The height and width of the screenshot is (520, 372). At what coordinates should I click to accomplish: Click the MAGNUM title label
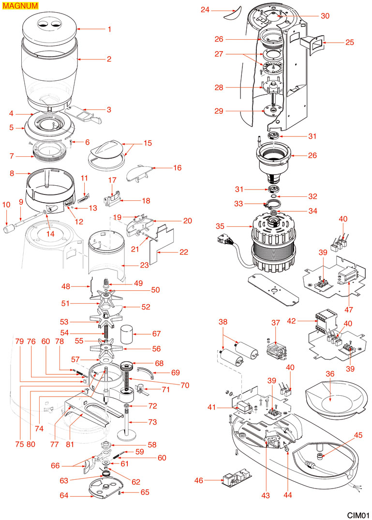coord(19,6)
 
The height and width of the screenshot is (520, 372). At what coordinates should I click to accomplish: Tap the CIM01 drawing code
coord(358,514)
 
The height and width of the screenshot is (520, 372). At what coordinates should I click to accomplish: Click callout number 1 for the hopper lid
coord(109,29)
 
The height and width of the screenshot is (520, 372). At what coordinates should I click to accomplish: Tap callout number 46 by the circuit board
coord(199,480)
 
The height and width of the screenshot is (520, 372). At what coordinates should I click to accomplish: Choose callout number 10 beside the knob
coord(6,205)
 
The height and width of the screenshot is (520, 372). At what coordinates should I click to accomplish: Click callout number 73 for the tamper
coord(152,422)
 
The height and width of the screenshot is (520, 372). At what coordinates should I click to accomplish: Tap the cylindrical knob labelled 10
coord(8,227)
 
